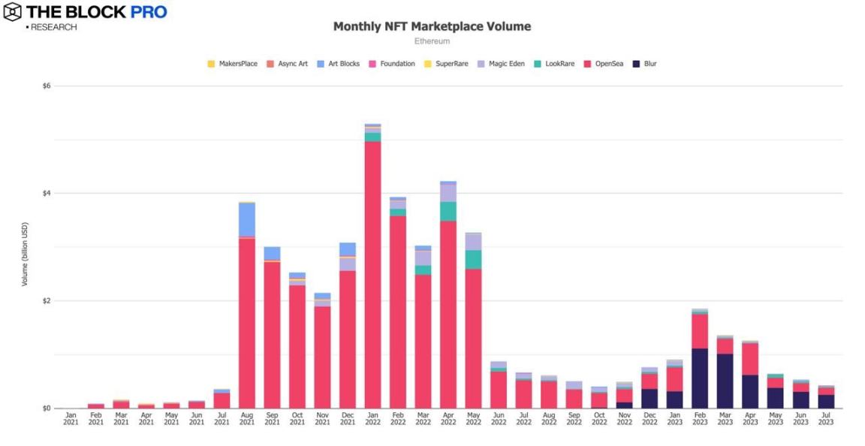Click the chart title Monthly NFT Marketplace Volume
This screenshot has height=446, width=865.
point(432,26)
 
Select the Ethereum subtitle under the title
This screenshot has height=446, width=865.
point(432,41)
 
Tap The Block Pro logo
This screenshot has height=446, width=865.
point(85,13)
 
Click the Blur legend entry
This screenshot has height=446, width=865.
point(645,64)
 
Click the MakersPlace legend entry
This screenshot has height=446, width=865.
point(232,64)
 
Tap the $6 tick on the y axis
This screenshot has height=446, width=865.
point(47,86)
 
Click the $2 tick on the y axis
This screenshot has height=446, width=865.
point(47,301)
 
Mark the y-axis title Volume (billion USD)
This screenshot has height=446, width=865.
point(25,254)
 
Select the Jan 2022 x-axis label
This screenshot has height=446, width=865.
point(372,418)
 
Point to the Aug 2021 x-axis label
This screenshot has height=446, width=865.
point(246,418)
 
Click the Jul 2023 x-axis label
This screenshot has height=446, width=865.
point(825,418)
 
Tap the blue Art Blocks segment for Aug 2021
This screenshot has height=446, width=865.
point(247,220)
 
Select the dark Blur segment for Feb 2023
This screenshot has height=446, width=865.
point(700,378)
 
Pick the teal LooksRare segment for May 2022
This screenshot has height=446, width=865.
point(473,260)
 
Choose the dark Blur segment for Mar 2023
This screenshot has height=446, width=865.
point(725,381)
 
